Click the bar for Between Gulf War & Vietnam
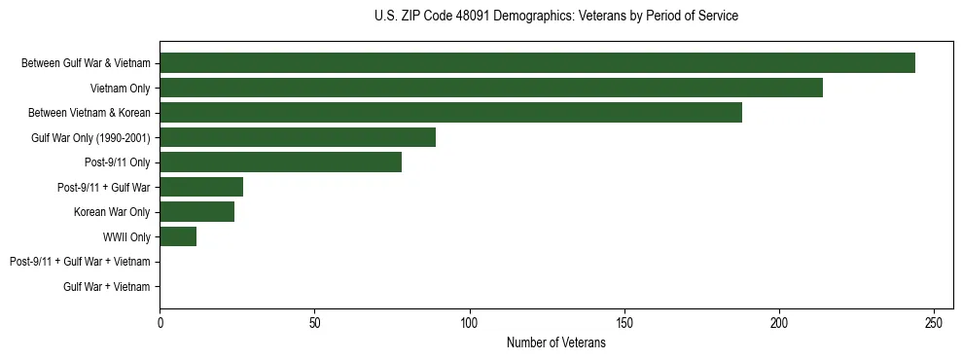(x=537, y=62)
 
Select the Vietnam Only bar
(x=491, y=88)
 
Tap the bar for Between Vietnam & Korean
(x=450, y=112)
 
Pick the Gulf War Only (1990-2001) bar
(x=298, y=137)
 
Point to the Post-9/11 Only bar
(x=280, y=162)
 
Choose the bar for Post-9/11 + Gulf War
(x=201, y=187)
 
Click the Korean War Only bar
(x=196, y=212)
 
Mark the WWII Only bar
(x=178, y=236)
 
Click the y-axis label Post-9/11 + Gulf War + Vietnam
(x=80, y=262)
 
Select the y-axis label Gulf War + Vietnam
(x=107, y=287)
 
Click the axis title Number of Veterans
(x=555, y=342)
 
